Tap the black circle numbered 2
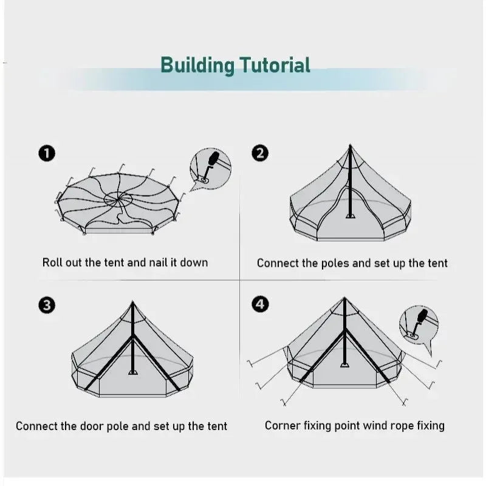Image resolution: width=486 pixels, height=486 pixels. (259, 153)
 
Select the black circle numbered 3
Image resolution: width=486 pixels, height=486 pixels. (47, 305)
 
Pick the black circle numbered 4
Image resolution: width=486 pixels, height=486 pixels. (259, 304)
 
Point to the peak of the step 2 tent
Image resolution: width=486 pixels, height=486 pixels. (350, 146)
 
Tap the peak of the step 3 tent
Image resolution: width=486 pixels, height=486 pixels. (132, 301)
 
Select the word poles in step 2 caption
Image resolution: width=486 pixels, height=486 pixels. (330, 263)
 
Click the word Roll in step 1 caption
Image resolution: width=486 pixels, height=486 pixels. (52, 262)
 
